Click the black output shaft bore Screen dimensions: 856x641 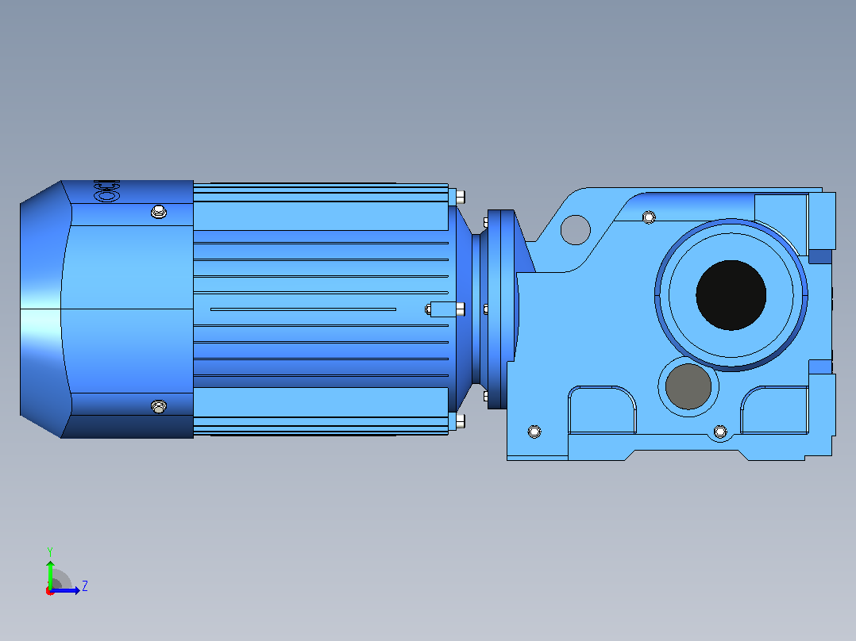731,295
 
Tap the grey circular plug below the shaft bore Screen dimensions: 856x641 688,386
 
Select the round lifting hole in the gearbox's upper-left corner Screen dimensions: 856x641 576,230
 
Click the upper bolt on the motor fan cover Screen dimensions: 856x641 158,212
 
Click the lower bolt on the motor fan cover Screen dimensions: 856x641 158,406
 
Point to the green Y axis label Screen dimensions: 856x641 50,551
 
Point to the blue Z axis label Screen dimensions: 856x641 85,586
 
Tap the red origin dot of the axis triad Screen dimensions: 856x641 50,591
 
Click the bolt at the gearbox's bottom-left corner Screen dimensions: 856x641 534,432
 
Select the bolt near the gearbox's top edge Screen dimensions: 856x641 649,217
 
